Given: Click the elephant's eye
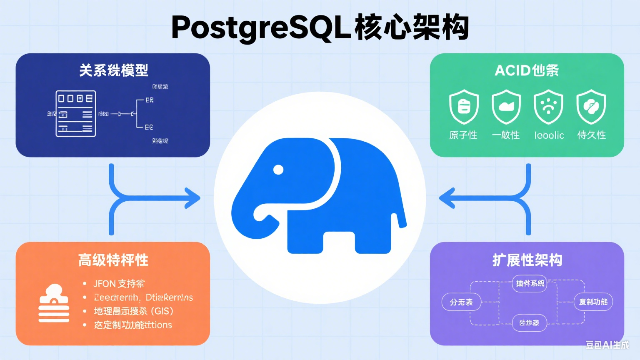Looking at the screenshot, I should [x=278, y=170].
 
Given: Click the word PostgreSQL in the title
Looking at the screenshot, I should [x=261, y=27].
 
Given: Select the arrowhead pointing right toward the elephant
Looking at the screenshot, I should [x=192, y=198].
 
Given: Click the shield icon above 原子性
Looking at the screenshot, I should [x=464, y=107].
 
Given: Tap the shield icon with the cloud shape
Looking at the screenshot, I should [x=506, y=107].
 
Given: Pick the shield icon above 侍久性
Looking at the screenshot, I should [x=591, y=107].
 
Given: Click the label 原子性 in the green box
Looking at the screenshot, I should [x=463, y=135].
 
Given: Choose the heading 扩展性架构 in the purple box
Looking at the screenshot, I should [x=527, y=260].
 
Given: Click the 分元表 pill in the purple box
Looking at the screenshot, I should [x=461, y=302].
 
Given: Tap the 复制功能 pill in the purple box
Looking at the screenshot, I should [x=593, y=302].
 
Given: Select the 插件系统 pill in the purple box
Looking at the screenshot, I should [x=530, y=283].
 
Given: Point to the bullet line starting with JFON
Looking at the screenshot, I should [x=119, y=284].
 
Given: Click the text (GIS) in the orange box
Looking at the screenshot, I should [x=162, y=311].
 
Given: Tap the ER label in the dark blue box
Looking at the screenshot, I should [x=149, y=100].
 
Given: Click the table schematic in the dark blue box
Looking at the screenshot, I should [x=76, y=113].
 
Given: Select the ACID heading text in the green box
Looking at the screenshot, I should [x=512, y=70].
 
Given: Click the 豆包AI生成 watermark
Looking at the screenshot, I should [x=607, y=345].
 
